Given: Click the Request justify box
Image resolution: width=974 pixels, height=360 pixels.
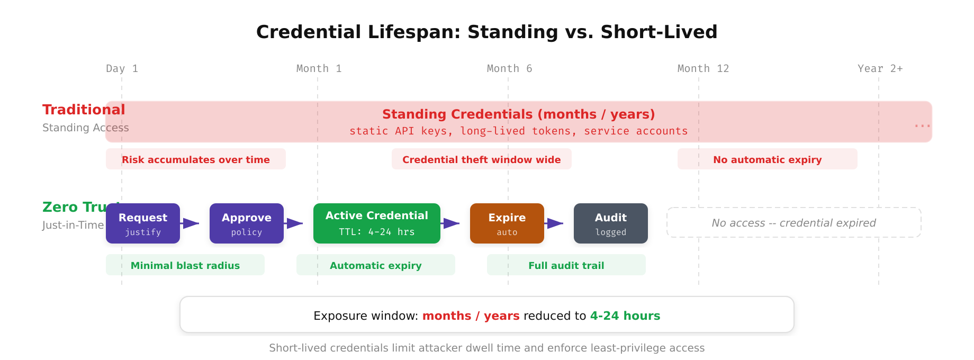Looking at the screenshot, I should (143, 223).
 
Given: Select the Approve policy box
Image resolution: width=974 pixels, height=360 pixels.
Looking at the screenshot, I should (247, 223).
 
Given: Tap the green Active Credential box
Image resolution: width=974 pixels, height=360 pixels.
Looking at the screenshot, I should (377, 223).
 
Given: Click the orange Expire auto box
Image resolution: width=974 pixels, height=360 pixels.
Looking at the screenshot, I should (507, 223).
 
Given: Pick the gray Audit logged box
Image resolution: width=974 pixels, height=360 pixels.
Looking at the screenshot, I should (611, 223).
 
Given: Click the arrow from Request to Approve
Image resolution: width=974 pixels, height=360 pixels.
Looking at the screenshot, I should (191, 223).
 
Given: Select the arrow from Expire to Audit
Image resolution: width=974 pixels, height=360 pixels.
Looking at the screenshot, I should (555, 223).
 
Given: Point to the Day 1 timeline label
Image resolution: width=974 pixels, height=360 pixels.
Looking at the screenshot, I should (122, 69).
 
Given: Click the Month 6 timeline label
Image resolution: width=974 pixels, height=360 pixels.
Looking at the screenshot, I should (509, 69).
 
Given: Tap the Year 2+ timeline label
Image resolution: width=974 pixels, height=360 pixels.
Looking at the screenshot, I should (880, 69).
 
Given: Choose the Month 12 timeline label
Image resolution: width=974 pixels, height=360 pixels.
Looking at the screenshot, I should (703, 69).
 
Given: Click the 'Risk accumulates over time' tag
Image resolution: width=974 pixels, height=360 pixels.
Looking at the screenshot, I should (196, 159).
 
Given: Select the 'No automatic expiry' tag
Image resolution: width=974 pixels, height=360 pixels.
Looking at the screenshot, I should (768, 159).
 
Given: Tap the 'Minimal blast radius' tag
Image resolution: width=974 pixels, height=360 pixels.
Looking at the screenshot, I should (185, 265).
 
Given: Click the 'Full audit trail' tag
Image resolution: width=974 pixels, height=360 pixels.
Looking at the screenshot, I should (566, 265).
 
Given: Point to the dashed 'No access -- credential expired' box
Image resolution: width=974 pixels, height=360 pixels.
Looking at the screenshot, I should (794, 223).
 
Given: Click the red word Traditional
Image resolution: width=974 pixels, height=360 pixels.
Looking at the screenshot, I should (84, 110).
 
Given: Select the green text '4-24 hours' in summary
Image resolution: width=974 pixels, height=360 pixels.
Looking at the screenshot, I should (625, 316).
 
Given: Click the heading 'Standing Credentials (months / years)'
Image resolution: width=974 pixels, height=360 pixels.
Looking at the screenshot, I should (519, 114).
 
